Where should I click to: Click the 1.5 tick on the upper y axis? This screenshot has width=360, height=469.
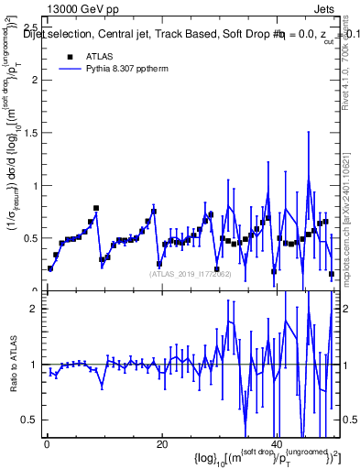28,132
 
